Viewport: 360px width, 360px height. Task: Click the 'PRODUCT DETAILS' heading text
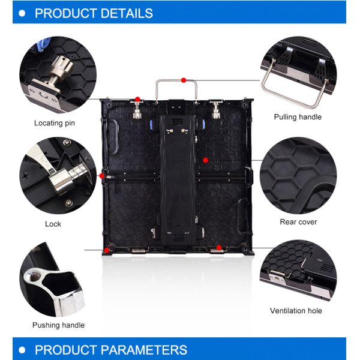[94, 13]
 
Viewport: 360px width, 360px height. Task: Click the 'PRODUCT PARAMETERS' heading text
[111, 350]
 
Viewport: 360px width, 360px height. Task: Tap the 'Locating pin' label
[58, 123]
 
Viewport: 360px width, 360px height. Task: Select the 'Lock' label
[53, 224]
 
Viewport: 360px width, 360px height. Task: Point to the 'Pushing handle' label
[58, 325]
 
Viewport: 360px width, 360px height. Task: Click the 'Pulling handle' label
[298, 117]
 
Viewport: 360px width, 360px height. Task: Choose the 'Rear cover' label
[298, 222]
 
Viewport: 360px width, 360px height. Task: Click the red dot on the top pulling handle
[184, 79]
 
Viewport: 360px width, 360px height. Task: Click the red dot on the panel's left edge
[102, 176]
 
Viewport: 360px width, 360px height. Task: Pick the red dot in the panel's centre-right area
[205, 160]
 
